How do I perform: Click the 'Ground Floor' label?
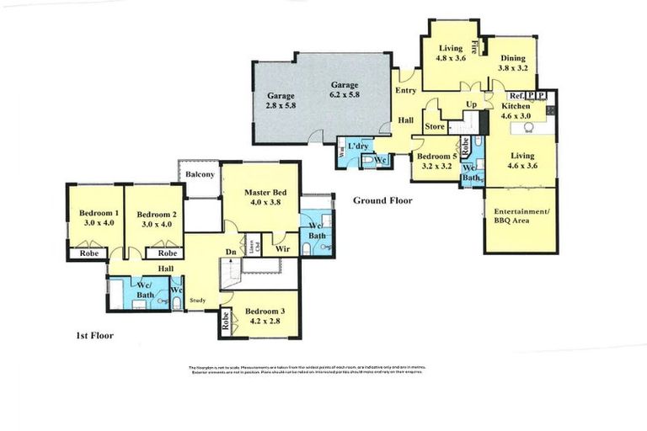[x=382, y=200]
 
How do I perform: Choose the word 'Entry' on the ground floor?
[x=405, y=89]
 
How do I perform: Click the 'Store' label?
[x=434, y=127]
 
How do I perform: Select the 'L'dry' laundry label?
[x=360, y=147]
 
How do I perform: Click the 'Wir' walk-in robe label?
[x=283, y=249]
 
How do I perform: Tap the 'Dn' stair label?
[x=231, y=250]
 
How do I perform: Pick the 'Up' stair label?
[x=472, y=104]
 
